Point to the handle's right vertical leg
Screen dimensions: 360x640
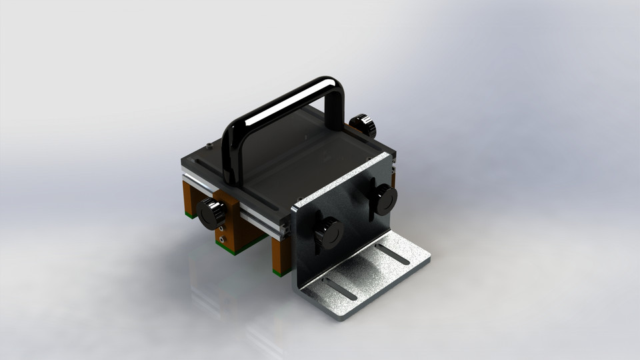[x=336, y=107]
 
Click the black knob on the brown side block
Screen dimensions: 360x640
[x=212, y=213]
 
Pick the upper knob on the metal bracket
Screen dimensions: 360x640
[x=384, y=198]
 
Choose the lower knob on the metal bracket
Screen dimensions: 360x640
[x=328, y=233]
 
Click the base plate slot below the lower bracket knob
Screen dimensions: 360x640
[x=340, y=287]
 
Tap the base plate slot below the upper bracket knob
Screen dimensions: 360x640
[x=393, y=254]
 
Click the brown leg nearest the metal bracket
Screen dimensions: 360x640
[x=281, y=253]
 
